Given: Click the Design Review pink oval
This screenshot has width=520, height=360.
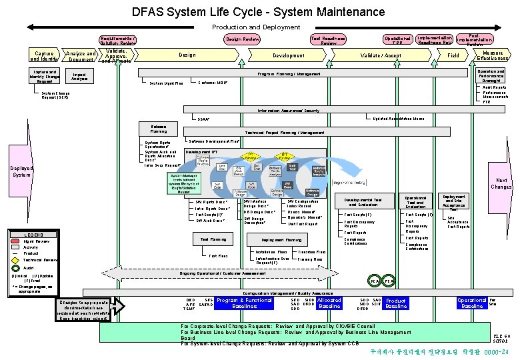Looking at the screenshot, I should coord(243,39).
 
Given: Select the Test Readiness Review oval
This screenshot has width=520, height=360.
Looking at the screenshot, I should coord(328,40).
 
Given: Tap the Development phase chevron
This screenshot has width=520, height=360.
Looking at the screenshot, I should coord(288,55).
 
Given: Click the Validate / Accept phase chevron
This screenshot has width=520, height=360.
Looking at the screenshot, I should coord(381,55).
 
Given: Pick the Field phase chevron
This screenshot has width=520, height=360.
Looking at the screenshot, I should coord(453,55).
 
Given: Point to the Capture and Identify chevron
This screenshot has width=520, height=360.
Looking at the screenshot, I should coord(43,55).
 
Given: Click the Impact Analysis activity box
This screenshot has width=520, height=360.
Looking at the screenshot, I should coord(79,77).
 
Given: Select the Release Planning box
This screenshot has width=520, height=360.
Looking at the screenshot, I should coord(159,128).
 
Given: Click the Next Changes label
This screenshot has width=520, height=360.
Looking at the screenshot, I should coord(501,183).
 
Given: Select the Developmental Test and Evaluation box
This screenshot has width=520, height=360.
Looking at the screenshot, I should coord(363,202).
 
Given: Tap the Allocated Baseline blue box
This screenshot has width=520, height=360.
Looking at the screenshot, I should coord(329,303).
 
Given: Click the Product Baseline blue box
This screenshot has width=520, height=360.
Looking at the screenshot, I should coord(395,303).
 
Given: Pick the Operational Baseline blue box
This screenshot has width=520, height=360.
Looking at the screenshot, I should coord(471,303).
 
